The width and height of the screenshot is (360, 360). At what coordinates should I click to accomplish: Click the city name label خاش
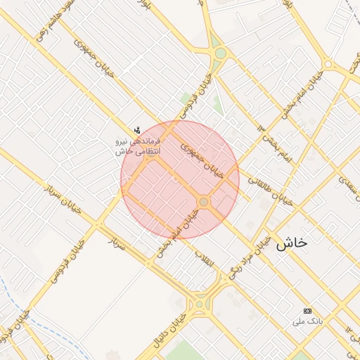click(291, 243)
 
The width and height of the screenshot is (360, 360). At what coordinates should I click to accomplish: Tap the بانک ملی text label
click(307, 321)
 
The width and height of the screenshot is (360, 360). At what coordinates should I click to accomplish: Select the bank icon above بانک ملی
click(307, 311)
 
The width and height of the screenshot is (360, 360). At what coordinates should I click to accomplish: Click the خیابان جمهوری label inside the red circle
click(202, 160)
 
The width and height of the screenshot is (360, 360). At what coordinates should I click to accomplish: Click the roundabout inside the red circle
click(204, 202)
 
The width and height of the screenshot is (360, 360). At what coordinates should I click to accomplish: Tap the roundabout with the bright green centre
click(221, 53)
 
